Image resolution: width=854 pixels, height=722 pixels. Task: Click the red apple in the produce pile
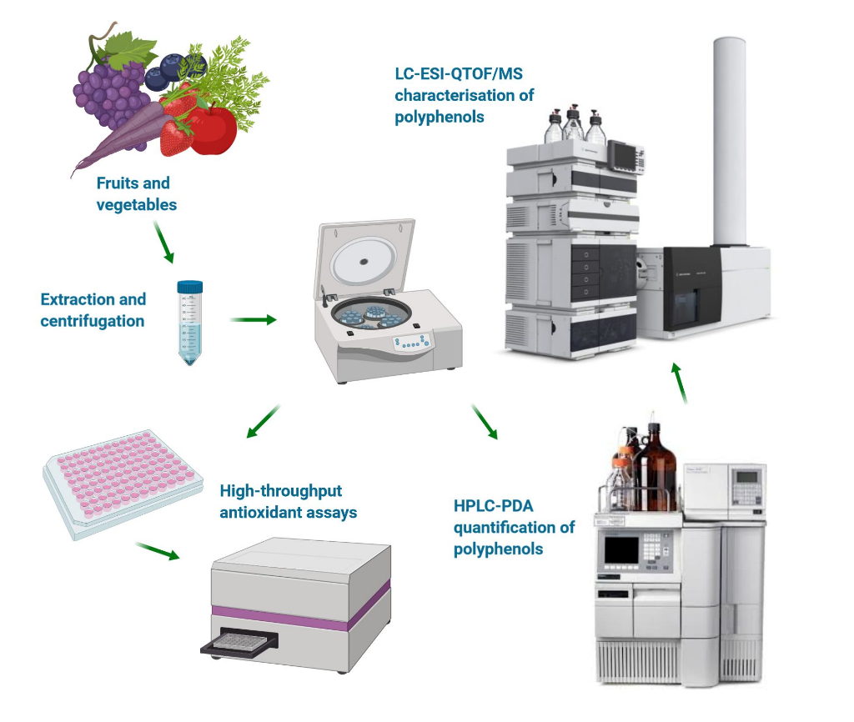pos(213,129)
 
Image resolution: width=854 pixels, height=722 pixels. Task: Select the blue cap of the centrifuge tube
pos(189,287)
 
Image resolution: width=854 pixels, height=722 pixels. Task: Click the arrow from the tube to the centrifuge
pos(254,319)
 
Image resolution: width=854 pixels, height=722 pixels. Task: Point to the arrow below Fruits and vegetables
pos(163,242)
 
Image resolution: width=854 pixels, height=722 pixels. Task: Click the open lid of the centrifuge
pos(364,258)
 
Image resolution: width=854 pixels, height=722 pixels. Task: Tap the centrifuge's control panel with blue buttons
pos(412,343)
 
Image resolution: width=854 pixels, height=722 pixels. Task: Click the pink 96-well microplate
pos(123,484)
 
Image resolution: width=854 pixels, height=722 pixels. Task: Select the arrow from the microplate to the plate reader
pos(158,551)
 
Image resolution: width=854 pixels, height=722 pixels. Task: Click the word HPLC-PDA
pos(494,506)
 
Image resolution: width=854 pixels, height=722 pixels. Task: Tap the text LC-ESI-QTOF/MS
pos(459,74)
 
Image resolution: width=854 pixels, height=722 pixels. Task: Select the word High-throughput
pos(280,492)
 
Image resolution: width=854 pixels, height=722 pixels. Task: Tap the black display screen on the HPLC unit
pos(621,549)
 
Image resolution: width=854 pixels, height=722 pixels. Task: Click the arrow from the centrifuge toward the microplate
pos(264,421)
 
